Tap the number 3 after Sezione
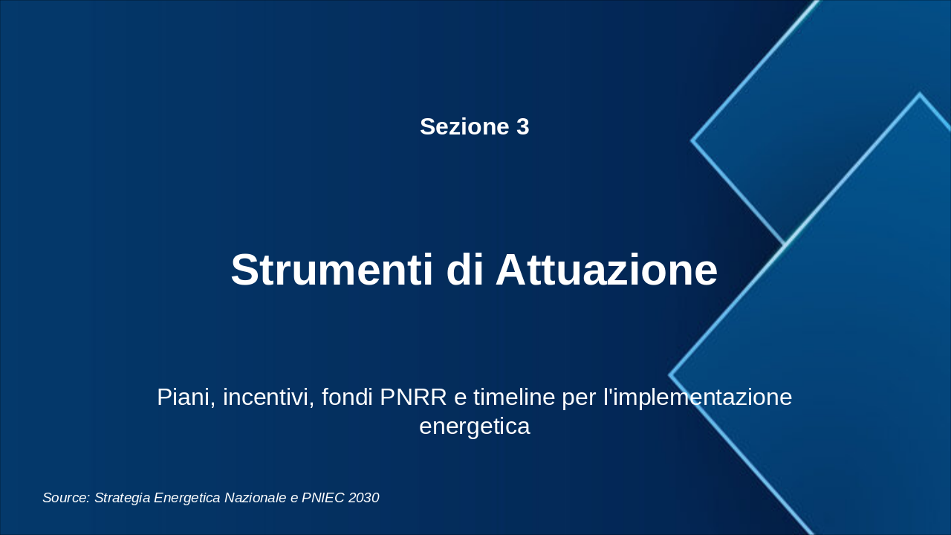tap(522, 126)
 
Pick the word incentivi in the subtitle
tap(268, 398)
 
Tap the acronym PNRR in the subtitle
tap(413, 398)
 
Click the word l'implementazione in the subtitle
tap(698, 398)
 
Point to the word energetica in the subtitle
tap(474, 427)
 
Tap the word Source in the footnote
tap(66, 498)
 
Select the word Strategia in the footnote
tap(124, 498)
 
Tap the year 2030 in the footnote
tap(363, 498)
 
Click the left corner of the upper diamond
tap(692, 140)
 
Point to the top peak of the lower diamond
tap(919, 94)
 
